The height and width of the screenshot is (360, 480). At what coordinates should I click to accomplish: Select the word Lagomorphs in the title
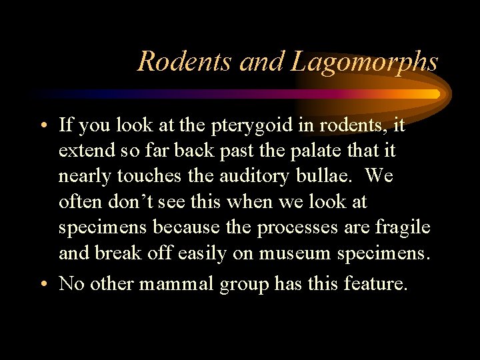tap(364, 61)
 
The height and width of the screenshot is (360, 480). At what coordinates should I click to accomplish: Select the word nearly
tap(81, 177)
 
